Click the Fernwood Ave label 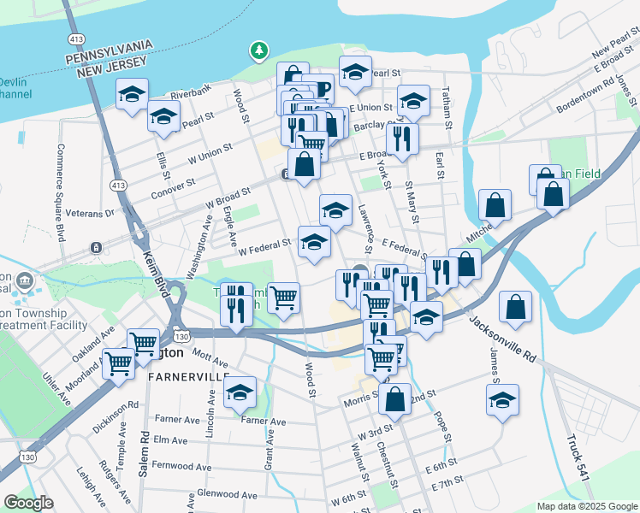[x=181, y=467]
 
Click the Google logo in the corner [x=28, y=503]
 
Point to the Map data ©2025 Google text [x=586, y=506]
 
